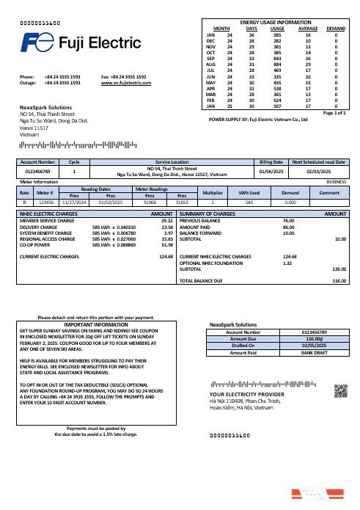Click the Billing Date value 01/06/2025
268,171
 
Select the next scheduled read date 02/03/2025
320,171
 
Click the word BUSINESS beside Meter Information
336,181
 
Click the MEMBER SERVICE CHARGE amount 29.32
166,220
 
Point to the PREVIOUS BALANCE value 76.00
288,220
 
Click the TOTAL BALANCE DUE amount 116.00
339,281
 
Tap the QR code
340,391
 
